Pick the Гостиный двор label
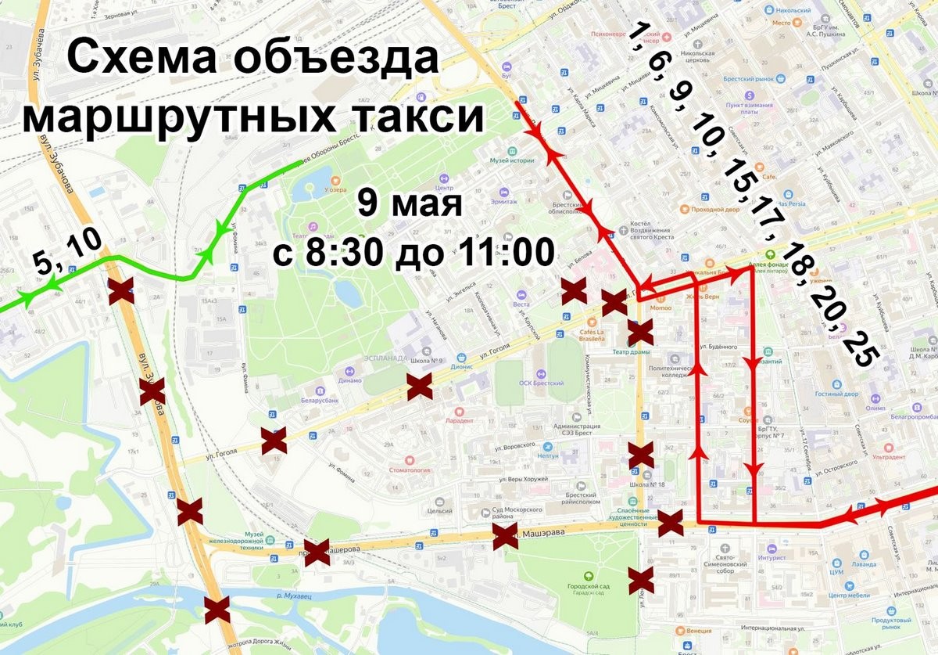[858, 394]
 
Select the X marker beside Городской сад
[641, 580]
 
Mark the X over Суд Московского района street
[505, 537]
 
